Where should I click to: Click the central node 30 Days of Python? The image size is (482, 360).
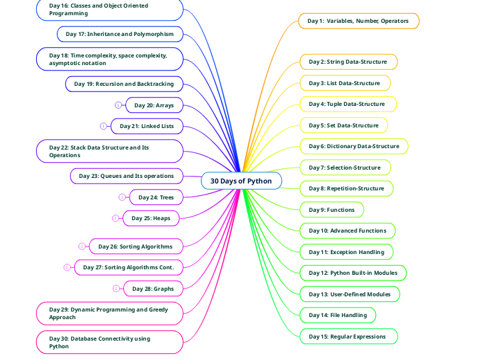(241, 181)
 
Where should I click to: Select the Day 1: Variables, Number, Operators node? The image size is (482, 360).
(358, 21)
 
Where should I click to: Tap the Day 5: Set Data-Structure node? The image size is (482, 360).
(343, 125)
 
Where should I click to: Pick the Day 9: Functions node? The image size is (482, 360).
(332, 210)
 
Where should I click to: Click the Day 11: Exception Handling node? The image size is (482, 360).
(346, 252)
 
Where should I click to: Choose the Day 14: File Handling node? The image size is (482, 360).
(338, 315)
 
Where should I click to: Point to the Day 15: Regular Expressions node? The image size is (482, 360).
(348, 336)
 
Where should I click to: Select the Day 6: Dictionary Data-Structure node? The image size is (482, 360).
(354, 146)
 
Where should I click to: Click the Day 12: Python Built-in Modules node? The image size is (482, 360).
(353, 273)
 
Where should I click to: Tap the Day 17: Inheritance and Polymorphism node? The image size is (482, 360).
(120, 33)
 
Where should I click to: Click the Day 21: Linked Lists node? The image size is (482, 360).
(147, 126)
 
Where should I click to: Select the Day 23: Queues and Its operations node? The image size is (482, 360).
(126, 176)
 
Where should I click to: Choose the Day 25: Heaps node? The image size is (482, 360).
(151, 218)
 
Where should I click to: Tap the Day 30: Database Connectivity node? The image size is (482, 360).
(109, 342)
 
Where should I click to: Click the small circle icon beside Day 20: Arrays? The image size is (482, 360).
(118, 105)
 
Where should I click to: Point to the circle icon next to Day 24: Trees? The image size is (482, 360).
(122, 197)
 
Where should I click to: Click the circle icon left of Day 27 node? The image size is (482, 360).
(66, 267)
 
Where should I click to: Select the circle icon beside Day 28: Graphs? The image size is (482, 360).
(116, 288)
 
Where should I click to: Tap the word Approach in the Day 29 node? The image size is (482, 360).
(63, 317)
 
